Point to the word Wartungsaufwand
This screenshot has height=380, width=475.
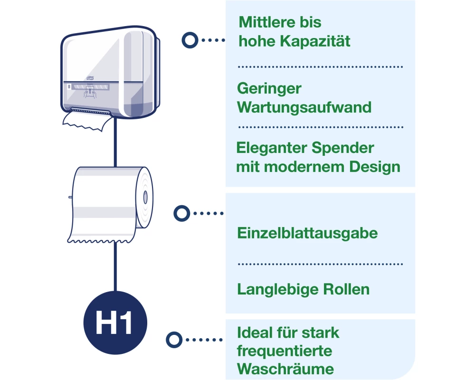coord(304,107)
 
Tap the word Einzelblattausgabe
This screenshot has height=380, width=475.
coord(307,233)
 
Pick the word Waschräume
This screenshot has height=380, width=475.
coord(285,369)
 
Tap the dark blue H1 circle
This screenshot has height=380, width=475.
coord(115,323)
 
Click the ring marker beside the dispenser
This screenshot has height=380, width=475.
coord(190,40)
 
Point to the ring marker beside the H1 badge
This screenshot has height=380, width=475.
coord(175,340)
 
